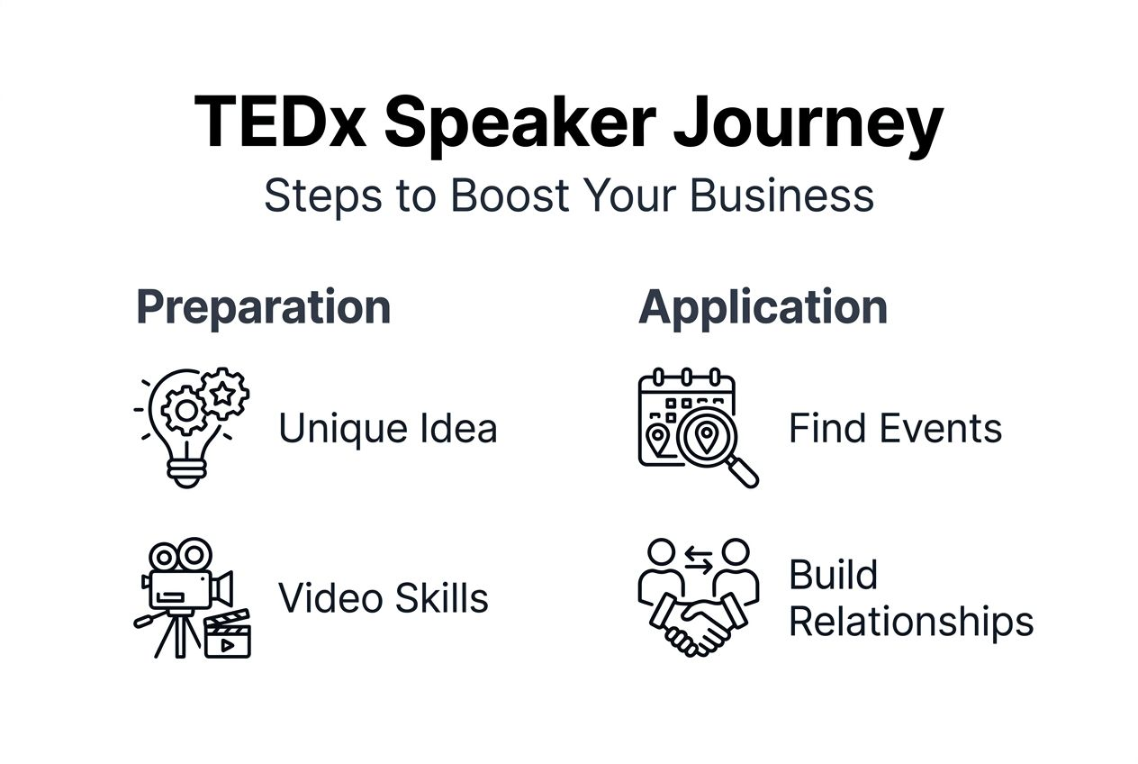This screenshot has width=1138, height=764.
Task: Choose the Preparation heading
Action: tap(263, 307)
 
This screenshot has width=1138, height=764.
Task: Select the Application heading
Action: tap(763, 307)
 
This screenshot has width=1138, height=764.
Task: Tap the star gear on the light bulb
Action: tap(222, 393)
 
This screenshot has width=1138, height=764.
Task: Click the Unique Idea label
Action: tap(387, 428)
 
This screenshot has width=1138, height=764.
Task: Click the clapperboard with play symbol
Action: tap(227, 635)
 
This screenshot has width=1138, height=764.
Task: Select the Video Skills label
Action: tap(384, 598)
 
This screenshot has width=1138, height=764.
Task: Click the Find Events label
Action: tap(895, 428)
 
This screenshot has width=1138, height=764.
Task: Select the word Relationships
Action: tap(910, 622)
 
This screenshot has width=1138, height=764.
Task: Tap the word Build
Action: tap(833, 575)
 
